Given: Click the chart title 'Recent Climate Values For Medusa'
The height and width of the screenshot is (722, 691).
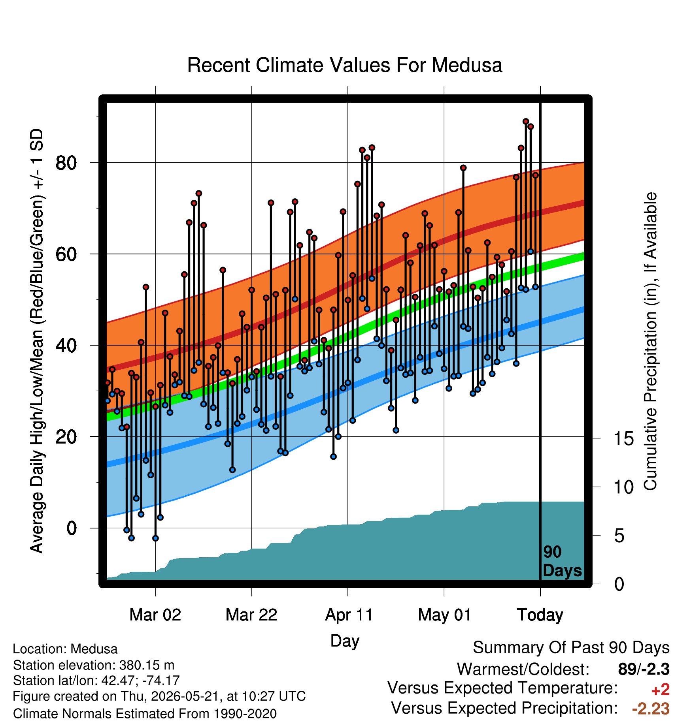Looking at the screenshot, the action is point(345,65).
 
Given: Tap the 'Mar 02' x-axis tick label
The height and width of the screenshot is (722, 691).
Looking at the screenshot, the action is point(155,615).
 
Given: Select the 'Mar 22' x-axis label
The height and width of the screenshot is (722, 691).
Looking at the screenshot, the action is point(251,615).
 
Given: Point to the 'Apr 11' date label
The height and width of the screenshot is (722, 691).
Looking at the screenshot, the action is point(349,615).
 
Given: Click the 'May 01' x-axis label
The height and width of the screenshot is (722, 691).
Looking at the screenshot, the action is point(445,615).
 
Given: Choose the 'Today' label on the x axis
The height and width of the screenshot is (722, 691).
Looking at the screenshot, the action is point(540,615).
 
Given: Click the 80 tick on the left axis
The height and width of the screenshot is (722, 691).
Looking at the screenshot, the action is point(66,163).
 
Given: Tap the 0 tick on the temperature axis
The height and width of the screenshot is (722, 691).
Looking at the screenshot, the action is point(72,528).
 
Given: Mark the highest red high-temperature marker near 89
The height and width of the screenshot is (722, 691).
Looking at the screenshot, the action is point(526,122).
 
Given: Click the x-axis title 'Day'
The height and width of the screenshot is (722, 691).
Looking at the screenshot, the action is point(345,641).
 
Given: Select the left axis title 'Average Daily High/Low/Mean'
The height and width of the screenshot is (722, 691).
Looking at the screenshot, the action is point(37,340).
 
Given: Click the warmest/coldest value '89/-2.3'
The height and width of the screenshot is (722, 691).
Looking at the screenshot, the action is point(644,669).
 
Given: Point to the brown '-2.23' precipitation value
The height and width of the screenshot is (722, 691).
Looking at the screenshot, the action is point(651,709).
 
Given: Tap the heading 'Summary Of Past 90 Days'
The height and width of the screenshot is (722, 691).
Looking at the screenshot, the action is point(571,648).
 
